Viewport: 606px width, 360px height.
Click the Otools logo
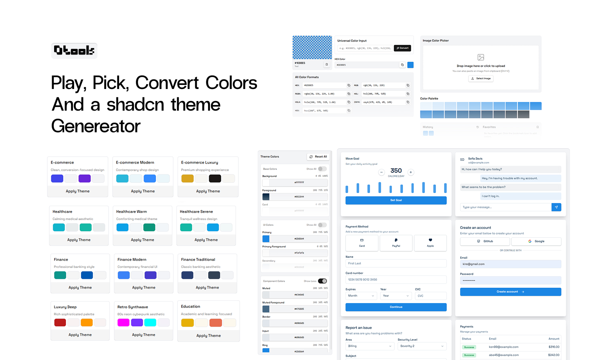point(74,51)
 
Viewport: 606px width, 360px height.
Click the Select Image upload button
point(481,79)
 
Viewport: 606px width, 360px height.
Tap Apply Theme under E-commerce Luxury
point(208,191)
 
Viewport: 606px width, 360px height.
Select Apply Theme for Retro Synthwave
point(143,335)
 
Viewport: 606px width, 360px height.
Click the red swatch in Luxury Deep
point(60,322)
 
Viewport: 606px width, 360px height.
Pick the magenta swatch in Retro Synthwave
point(123,322)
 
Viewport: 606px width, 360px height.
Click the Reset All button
point(318,157)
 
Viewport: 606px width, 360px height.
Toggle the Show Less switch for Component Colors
point(322,281)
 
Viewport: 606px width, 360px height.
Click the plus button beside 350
point(411,172)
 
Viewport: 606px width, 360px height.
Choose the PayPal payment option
point(396,243)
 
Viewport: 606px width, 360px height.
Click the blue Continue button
point(396,307)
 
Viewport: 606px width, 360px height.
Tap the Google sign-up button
point(536,241)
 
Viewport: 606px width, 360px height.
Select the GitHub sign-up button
point(485,241)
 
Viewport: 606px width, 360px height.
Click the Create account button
point(510,292)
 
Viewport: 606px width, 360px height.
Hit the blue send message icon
point(556,207)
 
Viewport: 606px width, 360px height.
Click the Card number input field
point(396,279)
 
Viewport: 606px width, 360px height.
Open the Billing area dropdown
point(369,346)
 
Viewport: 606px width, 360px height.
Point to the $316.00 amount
point(553,347)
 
